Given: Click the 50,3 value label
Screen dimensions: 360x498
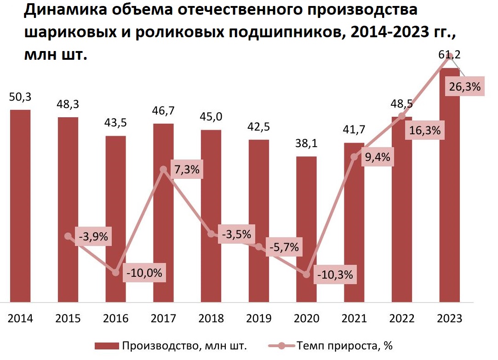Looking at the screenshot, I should point(20,97).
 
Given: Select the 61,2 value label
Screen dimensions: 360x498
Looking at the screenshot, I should point(449,56).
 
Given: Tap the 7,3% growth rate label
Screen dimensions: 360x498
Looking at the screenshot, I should point(187,169).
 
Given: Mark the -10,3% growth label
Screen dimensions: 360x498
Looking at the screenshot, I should point(335,275).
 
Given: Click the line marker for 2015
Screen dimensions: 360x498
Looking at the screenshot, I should point(68,236).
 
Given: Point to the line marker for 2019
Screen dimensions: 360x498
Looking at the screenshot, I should point(259,247).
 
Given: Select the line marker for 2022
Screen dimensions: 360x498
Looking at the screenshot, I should point(402,115).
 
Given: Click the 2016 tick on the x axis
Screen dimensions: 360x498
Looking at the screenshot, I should point(116,319).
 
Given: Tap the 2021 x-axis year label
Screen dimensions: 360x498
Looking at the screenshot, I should point(354,319).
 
